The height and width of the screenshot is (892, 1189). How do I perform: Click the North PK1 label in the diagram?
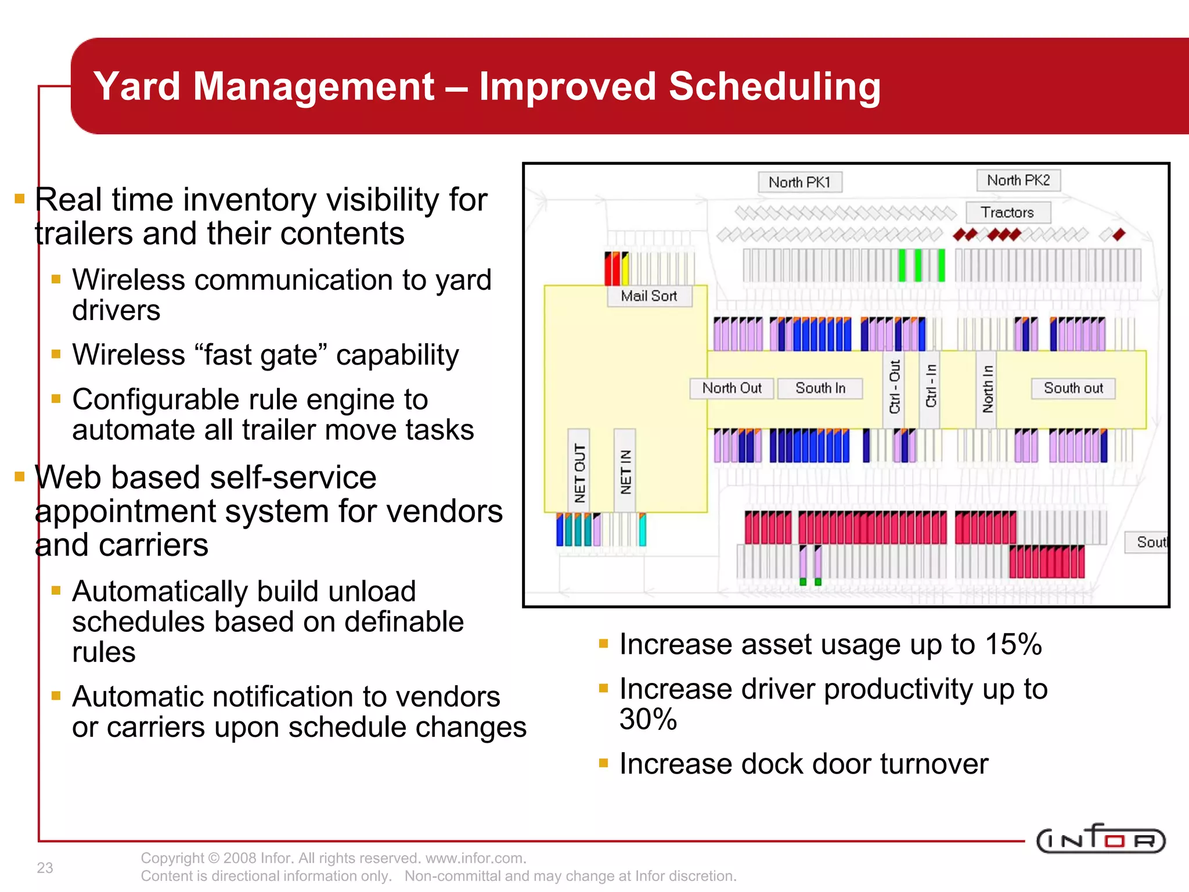[x=799, y=182]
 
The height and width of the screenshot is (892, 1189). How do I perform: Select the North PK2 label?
[x=1018, y=180]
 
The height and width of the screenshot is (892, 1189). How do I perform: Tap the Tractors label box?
[x=1007, y=213]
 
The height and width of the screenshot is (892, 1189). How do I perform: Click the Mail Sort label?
[x=649, y=296]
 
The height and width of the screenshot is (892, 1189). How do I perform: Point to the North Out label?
[x=732, y=388]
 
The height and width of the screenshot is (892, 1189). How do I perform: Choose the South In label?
[x=820, y=388]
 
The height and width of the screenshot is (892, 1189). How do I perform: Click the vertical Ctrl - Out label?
[x=895, y=387]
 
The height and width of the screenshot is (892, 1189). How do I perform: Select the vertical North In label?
[x=988, y=389]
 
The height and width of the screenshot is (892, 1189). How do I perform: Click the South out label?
[x=1073, y=388]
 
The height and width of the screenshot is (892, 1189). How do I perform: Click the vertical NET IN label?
[x=625, y=472]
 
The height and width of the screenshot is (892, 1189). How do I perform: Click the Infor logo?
[x=1100, y=839]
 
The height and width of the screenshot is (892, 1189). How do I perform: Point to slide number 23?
[x=45, y=868]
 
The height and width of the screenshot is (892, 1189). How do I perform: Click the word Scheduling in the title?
[x=774, y=87]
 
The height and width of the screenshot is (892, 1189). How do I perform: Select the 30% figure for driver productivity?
[x=648, y=719]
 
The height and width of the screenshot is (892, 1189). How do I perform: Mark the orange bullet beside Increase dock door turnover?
[x=603, y=763]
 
